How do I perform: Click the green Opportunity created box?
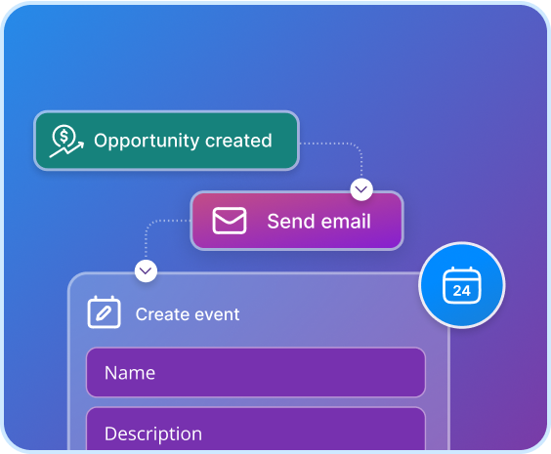pos(166,141)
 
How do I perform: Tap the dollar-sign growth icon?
pos(66,142)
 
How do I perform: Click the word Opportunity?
pos(146,142)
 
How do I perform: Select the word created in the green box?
pos(238,141)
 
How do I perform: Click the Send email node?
pos(297,221)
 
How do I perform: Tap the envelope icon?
pos(230,221)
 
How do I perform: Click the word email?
pos(346,222)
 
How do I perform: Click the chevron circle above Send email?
pos(361,189)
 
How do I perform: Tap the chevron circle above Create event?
pos(146,271)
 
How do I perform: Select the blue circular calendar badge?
pos(462,285)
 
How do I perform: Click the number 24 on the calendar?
pos(461,291)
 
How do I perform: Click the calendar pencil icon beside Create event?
pos(104,311)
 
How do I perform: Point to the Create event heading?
pos(188,314)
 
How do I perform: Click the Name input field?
pos(256,373)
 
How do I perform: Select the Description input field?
pos(256,429)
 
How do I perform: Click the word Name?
pos(130,373)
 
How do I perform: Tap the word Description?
pos(153,434)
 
